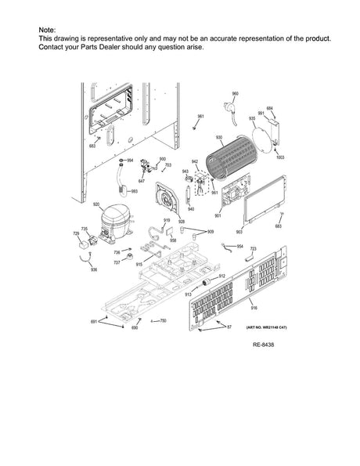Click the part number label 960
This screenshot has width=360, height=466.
[235, 93]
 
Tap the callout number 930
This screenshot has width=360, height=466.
[219, 137]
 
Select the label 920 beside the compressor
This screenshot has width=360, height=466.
[95, 204]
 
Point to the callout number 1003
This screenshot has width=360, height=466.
[280, 157]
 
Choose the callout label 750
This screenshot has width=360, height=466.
[163, 321]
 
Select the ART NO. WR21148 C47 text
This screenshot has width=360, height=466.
[261, 327]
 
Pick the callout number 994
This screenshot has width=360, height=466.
[130, 160]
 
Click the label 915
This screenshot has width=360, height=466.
[139, 265]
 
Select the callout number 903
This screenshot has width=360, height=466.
[239, 233]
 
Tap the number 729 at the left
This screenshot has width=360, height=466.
[76, 234]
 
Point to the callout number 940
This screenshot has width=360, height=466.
[191, 209]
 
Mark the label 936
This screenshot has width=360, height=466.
[93, 269]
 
